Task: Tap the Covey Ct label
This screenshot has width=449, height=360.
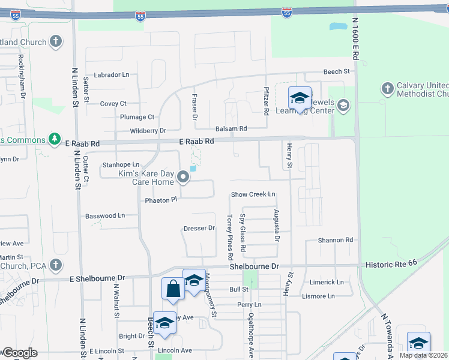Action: point(113,104)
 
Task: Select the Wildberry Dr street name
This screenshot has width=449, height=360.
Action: point(147,131)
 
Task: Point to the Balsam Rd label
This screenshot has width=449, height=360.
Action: point(231,129)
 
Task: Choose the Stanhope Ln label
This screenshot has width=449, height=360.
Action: point(121,164)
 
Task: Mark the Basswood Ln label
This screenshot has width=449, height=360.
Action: point(105,215)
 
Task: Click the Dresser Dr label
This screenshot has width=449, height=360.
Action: point(199,228)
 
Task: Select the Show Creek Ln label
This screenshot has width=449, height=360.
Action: point(253,194)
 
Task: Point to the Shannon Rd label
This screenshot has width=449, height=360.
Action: point(336,240)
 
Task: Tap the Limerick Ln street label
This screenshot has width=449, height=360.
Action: point(327,282)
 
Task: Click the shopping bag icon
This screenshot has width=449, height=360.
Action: point(173,289)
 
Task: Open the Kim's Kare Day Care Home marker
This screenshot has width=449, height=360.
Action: point(183,178)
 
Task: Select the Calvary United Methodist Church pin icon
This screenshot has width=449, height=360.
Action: point(387,89)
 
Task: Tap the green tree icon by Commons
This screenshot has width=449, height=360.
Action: point(55,139)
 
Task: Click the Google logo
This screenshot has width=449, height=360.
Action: point(19,353)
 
